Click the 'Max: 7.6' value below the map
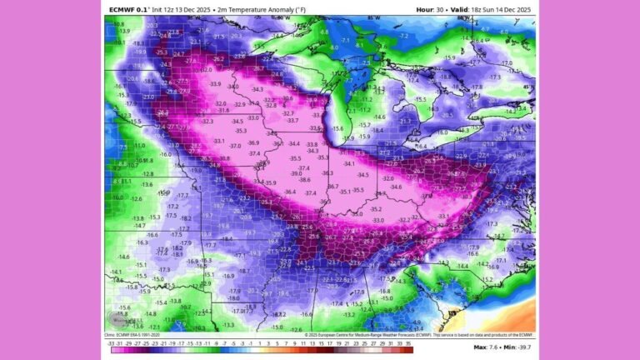(485, 347)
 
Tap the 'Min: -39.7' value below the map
(516, 347)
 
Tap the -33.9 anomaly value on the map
(215, 84)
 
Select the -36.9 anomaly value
(255, 142)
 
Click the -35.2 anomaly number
(377, 208)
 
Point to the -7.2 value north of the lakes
(403, 36)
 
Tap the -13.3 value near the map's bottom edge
(228, 324)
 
